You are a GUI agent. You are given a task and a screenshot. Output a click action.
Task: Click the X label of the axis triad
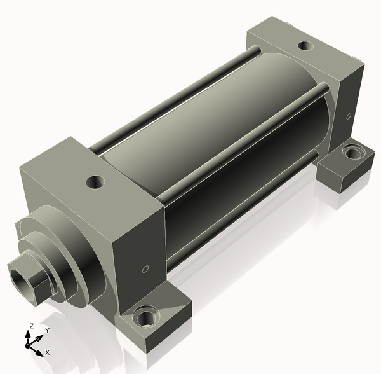click(x=48, y=352)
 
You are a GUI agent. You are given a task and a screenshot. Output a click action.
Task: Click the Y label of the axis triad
click(x=48, y=330)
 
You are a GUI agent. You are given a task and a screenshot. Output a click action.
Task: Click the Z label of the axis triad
click(x=31, y=326)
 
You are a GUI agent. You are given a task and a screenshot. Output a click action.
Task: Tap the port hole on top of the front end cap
click(x=95, y=181)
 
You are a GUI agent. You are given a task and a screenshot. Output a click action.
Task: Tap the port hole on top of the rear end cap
click(x=305, y=46)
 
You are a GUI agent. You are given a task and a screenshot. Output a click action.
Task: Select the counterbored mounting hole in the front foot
click(x=145, y=316)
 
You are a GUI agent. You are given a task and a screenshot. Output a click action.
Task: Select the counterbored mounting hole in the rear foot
click(x=353, y=152)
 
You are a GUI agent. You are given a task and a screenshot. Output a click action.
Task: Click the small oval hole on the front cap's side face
click(x=145, y=269)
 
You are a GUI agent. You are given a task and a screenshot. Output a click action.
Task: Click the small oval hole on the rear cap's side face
click(x=348, y=116)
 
